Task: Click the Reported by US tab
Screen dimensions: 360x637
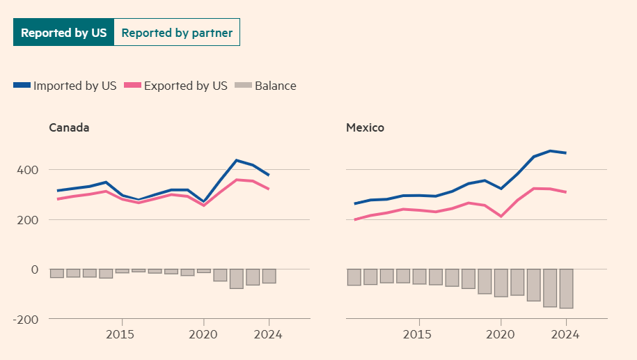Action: [x=63, y=33]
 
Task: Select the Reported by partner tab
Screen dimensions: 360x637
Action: [x=177, y=33]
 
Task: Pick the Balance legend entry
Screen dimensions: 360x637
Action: [x=265, y=86]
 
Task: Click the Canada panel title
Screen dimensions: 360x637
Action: [x=69, y=127]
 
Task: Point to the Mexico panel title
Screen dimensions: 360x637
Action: [x=365, y=127]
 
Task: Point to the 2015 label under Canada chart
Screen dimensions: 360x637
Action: [x=123, y=334]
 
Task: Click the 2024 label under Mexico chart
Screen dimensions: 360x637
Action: [x=565, y=334]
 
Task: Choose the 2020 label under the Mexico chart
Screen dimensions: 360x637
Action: [x=501, y=334]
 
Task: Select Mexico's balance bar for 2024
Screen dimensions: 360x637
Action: [x=566, y=288]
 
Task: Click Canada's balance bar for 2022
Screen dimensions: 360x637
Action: [x=236, y=279]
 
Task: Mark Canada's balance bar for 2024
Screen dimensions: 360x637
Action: [x=269, y=276]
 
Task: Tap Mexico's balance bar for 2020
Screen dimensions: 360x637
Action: [x=501, y=283]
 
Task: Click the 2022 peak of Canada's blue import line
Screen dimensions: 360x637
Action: [x=237, y=161]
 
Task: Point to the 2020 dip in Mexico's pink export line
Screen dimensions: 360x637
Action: [x=500, y=217]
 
